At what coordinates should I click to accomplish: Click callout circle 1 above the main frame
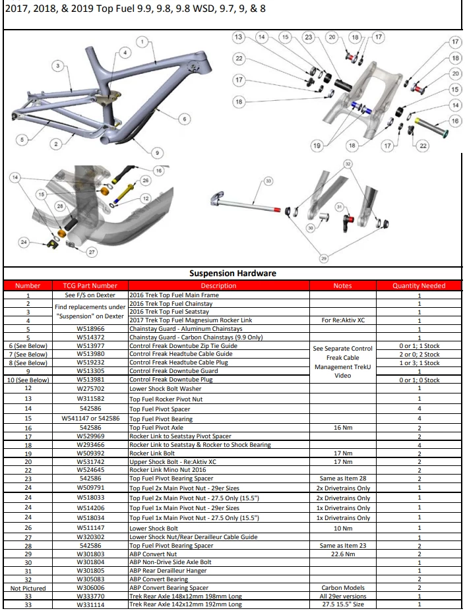pyautogui.click(x=142, y=42)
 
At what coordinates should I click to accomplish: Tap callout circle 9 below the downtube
pyautogui.click(x=157, y=153)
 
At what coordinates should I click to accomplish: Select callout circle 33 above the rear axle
pyautogui.click(x=268, y=181)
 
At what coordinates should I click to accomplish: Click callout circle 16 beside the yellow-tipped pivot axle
pyautogui.click(x=455, y=121)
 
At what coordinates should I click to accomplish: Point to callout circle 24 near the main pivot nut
pyautogui.click(x=24, y=242)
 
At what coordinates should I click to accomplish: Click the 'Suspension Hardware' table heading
pyautogui.click(x=232, y=273)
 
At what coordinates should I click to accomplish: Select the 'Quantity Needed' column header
pyautogui.click(x=419, y=285)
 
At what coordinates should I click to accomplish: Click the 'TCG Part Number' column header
pyautogui.click(x=90, y=285)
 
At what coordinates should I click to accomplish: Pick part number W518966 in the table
pyautogui.click(x=90, y=329)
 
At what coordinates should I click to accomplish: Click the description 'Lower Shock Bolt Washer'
pyautogui.click(x=166, y=388)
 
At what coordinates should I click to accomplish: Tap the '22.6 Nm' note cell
pyautogui.click(x=343, y=554)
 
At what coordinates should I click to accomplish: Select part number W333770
pyautogui.click(x=90, y=596)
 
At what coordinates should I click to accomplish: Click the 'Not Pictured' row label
pyautogui.click(x=28, y=588)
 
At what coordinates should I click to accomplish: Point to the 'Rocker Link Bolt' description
pyautogui.click(x=152, y=453)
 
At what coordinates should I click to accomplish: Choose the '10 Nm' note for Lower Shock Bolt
pyautogui.click(x=343, y=529)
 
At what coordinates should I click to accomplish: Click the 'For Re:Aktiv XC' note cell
pyautogui.click(x=343, y=320)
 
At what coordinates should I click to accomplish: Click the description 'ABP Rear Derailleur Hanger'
pyautogui.click(x=168, y=571)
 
